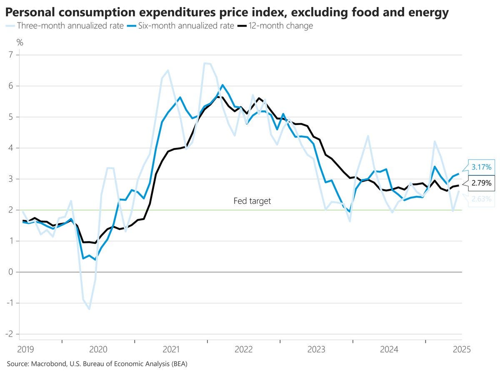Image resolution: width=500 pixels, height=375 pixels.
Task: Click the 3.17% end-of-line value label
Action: [481, 167]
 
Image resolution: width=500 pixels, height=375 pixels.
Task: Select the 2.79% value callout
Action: [481, 183]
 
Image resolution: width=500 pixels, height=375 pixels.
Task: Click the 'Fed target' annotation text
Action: [252, 201]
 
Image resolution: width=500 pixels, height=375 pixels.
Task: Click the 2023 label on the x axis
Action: [316, 349]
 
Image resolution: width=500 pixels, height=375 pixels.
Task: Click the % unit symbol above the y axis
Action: [20, 42]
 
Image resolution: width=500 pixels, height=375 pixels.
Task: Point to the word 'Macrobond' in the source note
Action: [47, 364]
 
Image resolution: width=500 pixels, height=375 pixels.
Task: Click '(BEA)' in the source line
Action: [178, 364]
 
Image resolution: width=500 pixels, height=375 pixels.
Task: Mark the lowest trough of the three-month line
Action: [89, 309]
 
